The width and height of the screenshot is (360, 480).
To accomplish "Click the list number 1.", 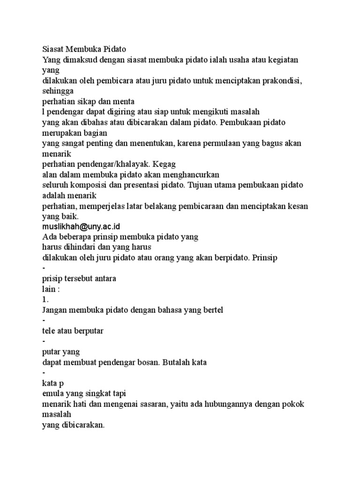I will click(x=45, y=299).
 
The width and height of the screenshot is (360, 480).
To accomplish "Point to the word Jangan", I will click(x=55, y=309).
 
